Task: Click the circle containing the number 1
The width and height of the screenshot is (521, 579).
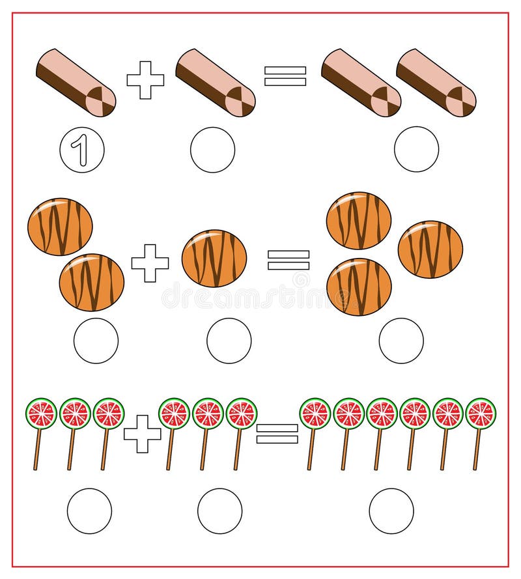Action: pos(82,150)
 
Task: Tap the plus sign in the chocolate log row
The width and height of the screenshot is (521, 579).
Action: pos(145,80)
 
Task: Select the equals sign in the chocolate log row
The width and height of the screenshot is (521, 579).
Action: pos(285,76)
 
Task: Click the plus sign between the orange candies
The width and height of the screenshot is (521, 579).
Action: pos(150,263)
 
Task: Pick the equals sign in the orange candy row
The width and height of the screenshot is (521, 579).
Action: pos(289,260)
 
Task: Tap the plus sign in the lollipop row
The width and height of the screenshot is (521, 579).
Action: pos(143,434)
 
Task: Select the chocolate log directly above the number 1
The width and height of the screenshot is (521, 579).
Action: pos(76,83)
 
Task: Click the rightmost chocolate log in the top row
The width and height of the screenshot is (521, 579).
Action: pos(436,83)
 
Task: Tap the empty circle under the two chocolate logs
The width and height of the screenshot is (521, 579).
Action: pos(416,149)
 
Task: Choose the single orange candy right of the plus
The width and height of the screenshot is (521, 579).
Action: pos(214,259)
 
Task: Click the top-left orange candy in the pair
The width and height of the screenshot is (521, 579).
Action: pos(60,227)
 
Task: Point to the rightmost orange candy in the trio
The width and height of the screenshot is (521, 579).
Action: pos(430,249)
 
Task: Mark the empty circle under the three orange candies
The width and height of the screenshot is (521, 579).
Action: pos(401,341)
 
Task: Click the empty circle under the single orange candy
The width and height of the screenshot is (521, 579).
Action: pos(229,341)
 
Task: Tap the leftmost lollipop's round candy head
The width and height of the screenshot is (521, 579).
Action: pos(41,414)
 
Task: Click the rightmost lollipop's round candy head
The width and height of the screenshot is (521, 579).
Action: pos(481,414)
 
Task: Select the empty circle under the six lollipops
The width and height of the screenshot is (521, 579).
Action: pos(391,511)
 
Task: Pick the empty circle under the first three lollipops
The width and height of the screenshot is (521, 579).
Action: pos(89,511)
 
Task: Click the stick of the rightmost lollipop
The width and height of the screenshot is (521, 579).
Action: pos(477,449)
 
